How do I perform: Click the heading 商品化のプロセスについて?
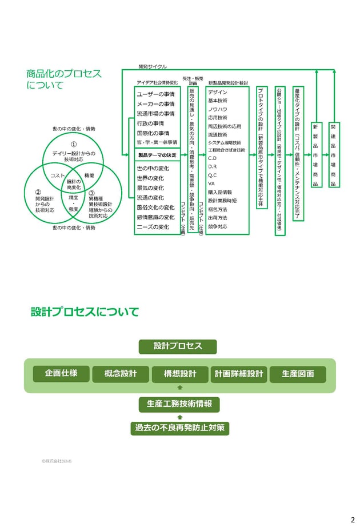click(64, 79)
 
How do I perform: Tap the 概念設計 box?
click(121, 374)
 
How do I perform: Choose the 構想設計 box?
click(180, 374)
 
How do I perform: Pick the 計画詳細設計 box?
click(239, 374)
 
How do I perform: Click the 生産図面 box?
click(298, 374)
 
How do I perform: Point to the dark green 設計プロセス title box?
click(178, 346)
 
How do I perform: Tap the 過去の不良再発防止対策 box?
click(179, 428)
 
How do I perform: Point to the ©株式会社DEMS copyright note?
click(57, 460)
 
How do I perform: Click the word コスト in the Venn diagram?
click(58, 175)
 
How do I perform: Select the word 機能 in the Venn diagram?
click(89, 175)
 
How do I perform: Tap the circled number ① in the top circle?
click(74, 145)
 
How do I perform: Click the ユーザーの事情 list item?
click(156, 94)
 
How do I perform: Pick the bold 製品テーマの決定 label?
click(157, 155)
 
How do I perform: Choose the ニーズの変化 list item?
click(153, 227)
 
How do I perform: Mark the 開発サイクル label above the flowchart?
click(153, 67)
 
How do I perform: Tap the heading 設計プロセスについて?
click(85, 312)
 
